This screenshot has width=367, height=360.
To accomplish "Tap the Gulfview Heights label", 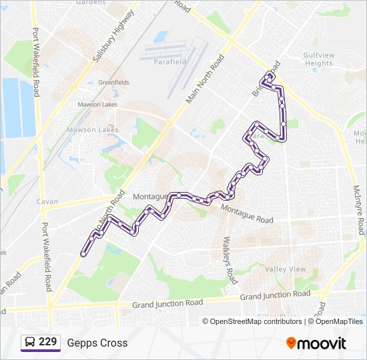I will click(318, 59).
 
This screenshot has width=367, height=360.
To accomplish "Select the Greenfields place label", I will click(113, 82).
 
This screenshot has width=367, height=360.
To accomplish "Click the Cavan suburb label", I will click(47, 201).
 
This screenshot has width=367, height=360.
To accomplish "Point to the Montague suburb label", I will click(149, 197).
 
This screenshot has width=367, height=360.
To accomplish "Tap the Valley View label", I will click(285, 269).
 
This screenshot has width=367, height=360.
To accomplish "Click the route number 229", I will click(47, 342).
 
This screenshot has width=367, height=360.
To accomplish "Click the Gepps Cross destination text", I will click(97, 343).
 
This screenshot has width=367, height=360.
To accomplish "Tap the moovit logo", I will click(316, 343).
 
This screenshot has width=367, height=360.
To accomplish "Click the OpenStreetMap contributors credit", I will click(256, 321).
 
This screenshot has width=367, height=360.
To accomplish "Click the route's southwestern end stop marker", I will click(83, 254).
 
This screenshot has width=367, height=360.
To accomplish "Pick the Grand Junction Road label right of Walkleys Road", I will click(275, 295).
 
